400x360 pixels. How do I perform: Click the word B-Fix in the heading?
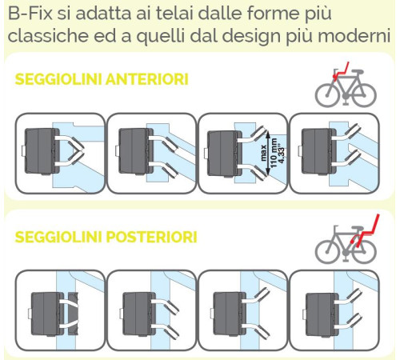30,14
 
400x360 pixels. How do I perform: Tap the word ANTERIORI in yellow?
147,79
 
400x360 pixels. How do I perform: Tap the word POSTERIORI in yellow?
151,237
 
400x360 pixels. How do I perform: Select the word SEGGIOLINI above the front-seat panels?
58,79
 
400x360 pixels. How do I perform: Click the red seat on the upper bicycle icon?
341,71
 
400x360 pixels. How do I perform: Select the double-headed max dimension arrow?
268,153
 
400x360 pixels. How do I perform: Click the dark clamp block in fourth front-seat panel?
318,151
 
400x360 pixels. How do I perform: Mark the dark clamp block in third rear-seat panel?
230,314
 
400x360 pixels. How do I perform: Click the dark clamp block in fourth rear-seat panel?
322,314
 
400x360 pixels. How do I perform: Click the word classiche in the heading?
48,35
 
